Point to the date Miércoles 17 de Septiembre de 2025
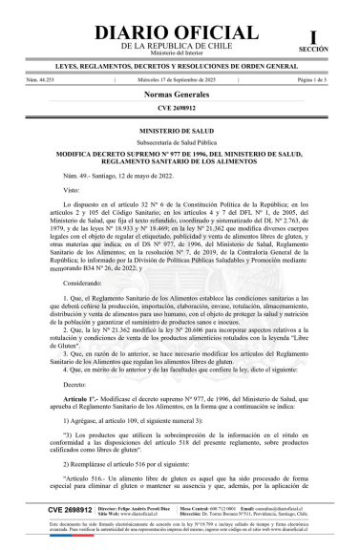[x=180, y=82]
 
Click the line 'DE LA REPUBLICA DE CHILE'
[x=180, y=46]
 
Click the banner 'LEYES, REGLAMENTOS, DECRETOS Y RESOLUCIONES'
[x=180, y=69]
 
